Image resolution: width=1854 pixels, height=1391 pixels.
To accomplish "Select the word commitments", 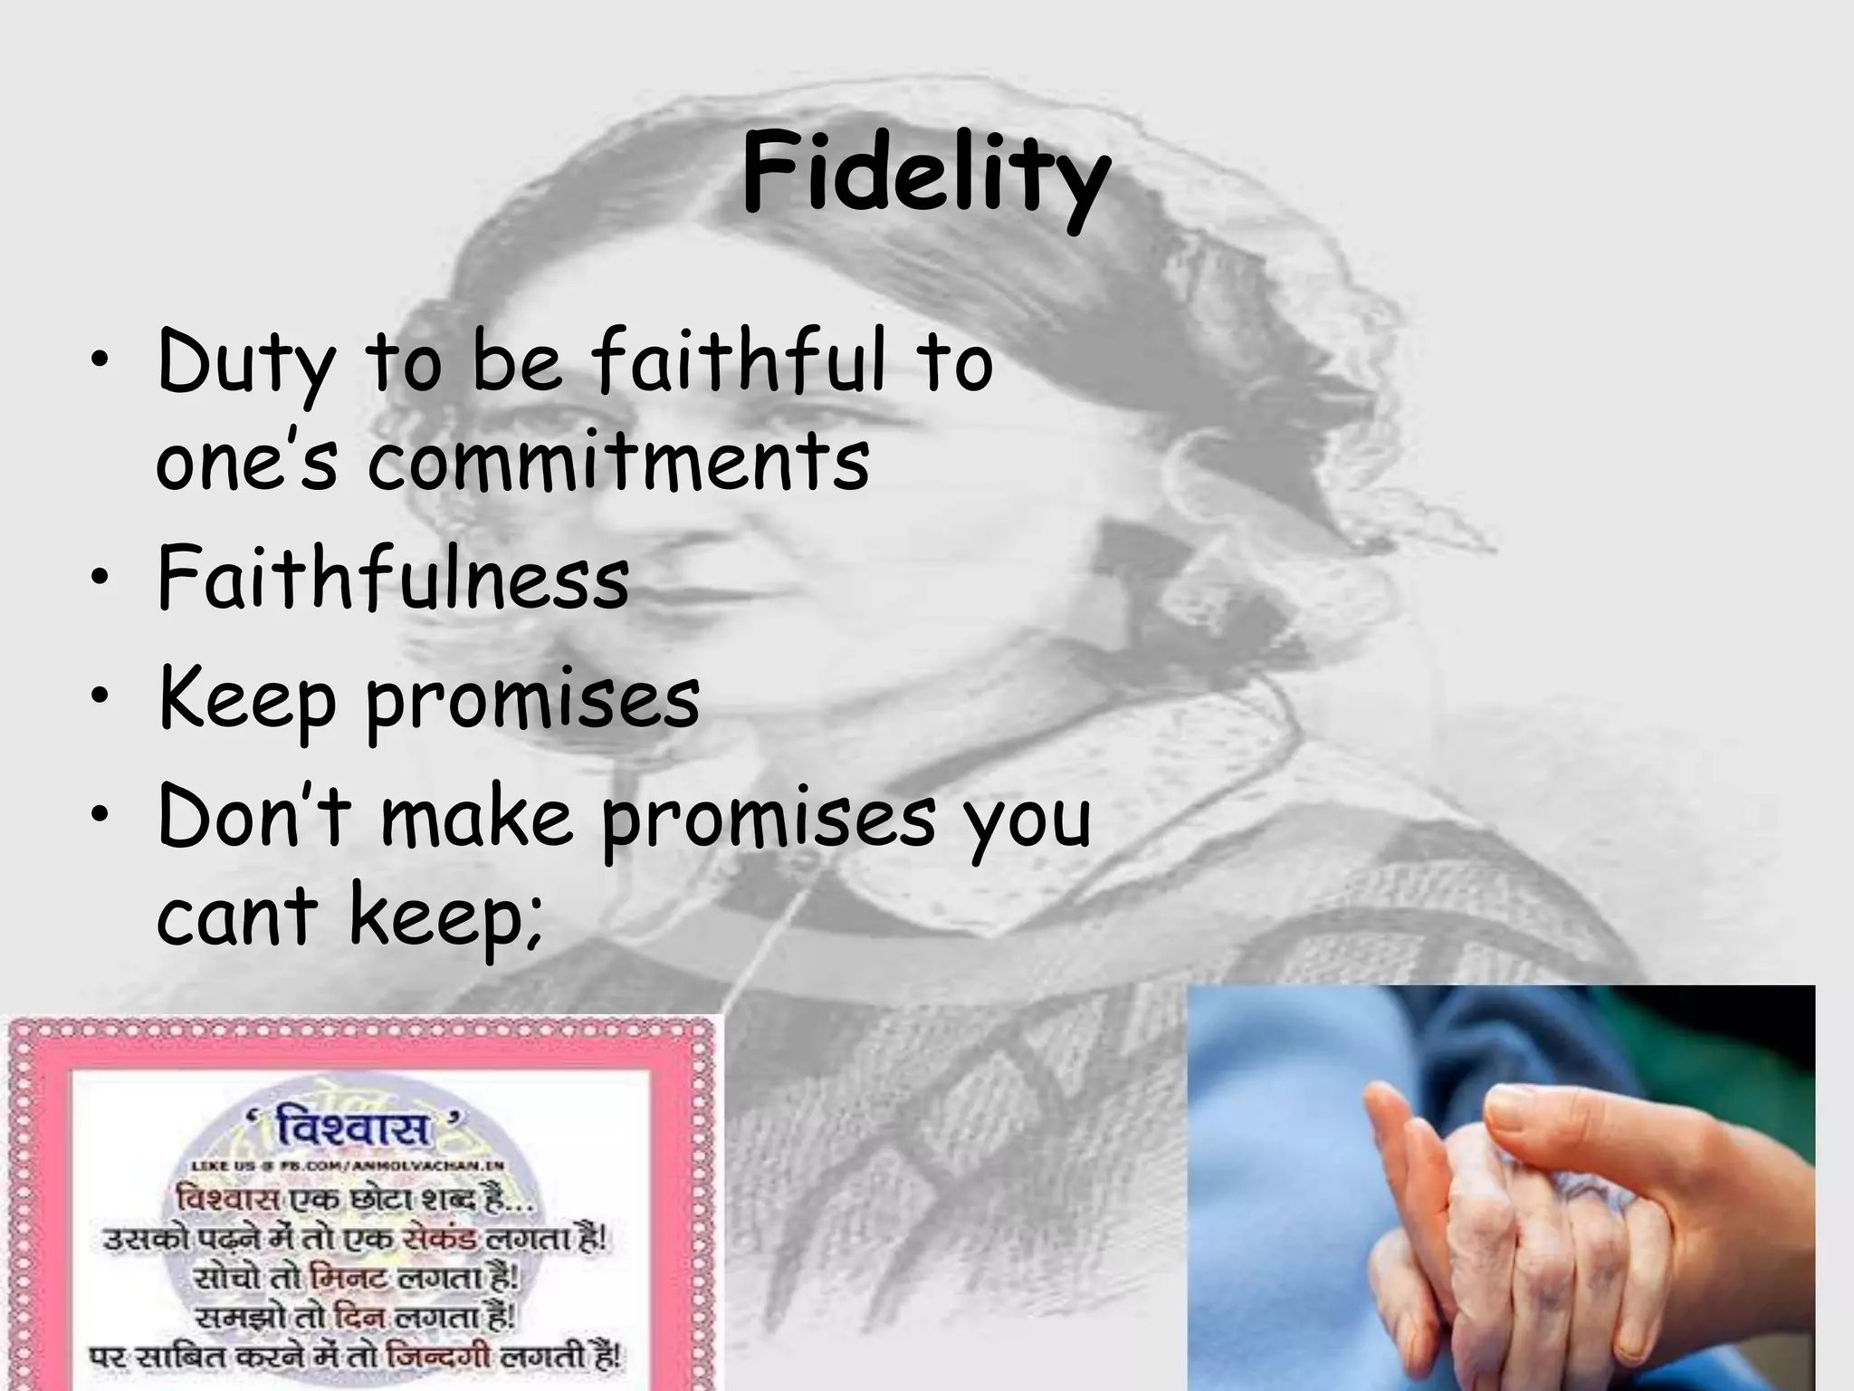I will [618, 462].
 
